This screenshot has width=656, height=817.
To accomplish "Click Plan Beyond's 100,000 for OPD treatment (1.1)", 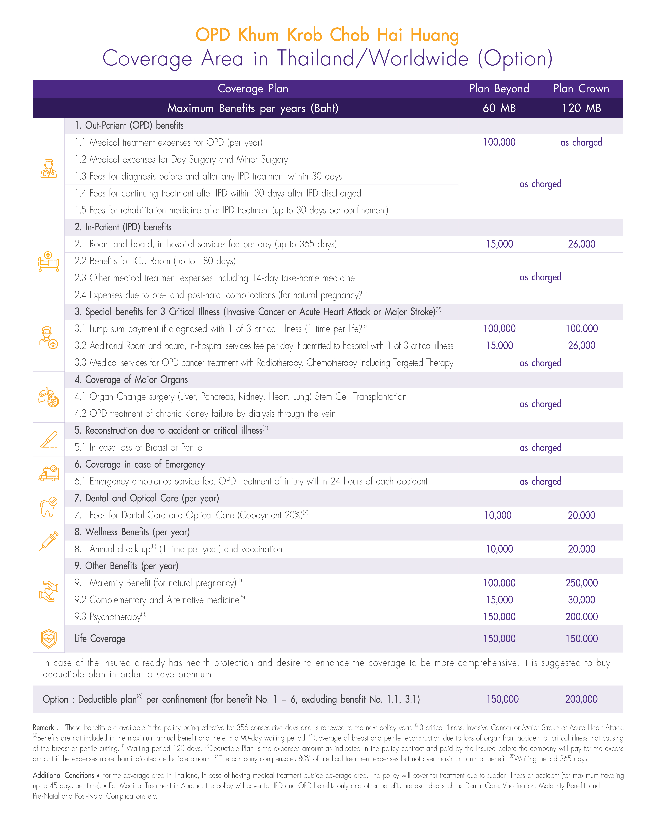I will pyautogui.click(x=499, y=142).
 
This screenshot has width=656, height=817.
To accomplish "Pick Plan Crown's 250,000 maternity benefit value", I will pyautogui.click(x=581, y=583).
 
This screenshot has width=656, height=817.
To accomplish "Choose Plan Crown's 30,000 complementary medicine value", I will pyautogui.click(x=581, y=600).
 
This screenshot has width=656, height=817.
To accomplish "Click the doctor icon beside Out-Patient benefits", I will pyautogui.click(x=49, y=169).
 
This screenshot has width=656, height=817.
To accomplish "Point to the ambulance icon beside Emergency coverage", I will pyautogui.click(x=49, y=473).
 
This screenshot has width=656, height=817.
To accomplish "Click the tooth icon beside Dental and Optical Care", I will pyautogui.click(x=49, y=507).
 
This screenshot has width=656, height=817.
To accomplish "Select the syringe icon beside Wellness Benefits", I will pyautogui.click(x=49, y=541).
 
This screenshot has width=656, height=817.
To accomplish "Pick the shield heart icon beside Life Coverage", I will pyautogui.click(x=49, y=639).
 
